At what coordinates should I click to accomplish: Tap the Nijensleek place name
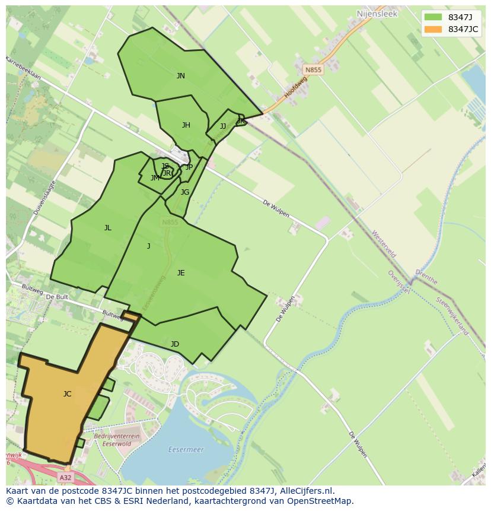pos(377,12)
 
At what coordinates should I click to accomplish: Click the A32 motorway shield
pos(66,477)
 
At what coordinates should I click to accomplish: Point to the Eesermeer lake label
pos(186,449)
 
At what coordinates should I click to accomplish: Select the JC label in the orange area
pos(67,393)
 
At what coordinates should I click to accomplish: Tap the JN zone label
pos(180,75)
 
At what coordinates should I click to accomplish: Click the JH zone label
pos(186,125)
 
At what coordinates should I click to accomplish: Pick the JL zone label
pos(107,227)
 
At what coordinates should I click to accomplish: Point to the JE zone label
pos(180,272)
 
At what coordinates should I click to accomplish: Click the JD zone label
pos(174,344)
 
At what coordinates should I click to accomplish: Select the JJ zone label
pos(222,126)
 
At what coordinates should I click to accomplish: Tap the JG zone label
pos(184,192)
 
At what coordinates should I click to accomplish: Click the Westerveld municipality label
pos(384,245)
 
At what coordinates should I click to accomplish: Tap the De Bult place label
pos(58,296)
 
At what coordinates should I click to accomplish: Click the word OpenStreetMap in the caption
pos(318,500)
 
